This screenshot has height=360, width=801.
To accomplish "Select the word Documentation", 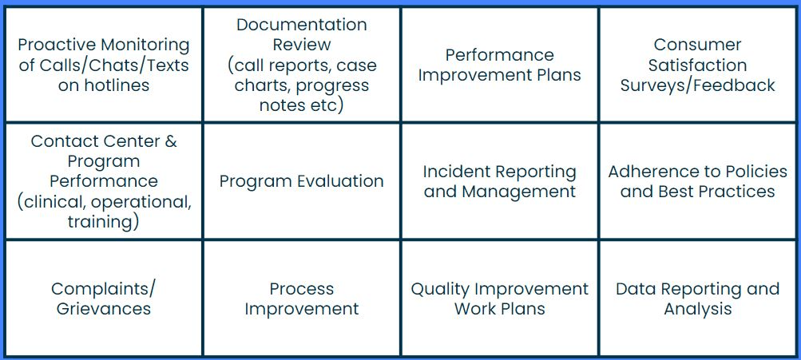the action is tap(302, 25).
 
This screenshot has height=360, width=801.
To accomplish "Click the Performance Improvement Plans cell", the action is tap(500, 65).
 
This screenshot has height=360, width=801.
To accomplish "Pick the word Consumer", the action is tap(697, 45).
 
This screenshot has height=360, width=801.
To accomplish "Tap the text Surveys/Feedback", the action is tap(698, 85).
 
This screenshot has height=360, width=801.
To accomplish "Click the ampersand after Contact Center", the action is tap(171, 141).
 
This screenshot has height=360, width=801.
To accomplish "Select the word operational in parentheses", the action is tap(139, 202).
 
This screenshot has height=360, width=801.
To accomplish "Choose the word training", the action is tap(99, 222).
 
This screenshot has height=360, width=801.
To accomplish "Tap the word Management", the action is tap(518, 192).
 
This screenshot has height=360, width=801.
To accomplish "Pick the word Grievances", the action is tap(104, 309).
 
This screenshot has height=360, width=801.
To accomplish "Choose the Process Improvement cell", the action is tap(302, 299).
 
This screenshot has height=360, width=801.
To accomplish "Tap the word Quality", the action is tap(441, 290).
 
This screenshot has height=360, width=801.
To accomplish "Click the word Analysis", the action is tap(698, 309).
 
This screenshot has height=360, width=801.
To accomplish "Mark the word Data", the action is tap(634, 289).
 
